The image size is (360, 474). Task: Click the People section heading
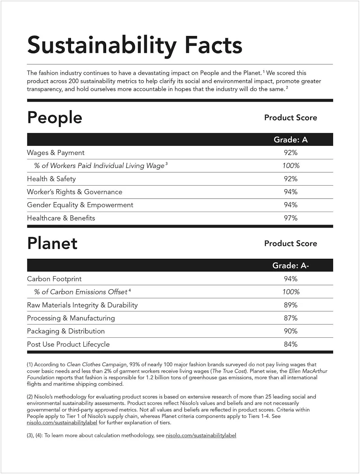coord(54,118)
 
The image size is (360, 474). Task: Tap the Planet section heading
coord(52,243)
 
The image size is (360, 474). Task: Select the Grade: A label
coord(291,140)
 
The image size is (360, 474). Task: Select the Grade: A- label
coord(291,265)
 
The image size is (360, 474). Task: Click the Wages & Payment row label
coord(56,152)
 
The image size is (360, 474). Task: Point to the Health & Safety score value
coord(291,179)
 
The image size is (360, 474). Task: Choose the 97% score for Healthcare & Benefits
coord(291,218)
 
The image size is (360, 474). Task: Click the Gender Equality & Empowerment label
coord(80,205)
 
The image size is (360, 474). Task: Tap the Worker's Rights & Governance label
coord(75,192)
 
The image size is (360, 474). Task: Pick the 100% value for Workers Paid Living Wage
coord(291,166)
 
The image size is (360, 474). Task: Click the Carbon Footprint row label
coord(54,278)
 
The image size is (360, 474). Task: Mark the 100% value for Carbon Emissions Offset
coord(291,292)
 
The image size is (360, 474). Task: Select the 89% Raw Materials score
coord(291,305)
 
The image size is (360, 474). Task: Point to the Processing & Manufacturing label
coord(71,318)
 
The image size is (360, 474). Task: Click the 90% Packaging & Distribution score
coord(291,331)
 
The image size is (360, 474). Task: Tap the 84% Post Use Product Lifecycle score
coord(291,344)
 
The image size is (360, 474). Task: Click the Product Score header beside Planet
coord(291,243)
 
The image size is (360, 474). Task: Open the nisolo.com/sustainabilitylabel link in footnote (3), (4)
coord(201,435)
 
